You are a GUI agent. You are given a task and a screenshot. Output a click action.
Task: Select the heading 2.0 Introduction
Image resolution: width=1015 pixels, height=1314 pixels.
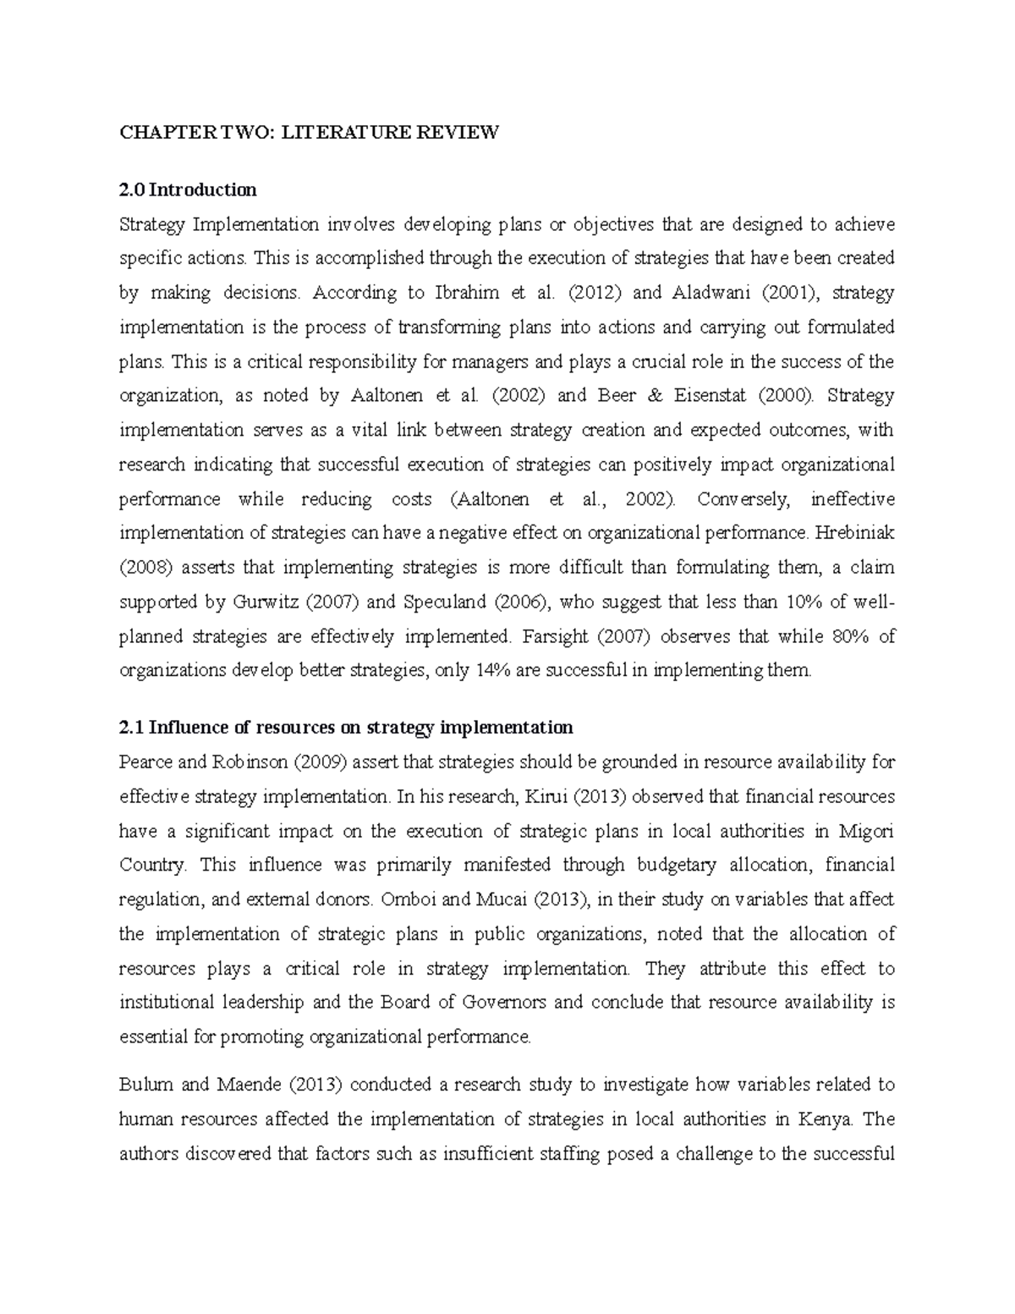pyautogui.click(x=188, y=189)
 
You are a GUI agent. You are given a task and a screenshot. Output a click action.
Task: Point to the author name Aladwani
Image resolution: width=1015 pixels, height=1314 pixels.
pyautogui.click(x=709, y=293)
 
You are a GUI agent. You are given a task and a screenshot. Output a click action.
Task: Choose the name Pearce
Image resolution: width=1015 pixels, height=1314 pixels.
pyautogui.click(x=146, y=762)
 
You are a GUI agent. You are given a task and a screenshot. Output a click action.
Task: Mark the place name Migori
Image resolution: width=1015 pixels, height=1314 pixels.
pyautogui.click(x=866, y=831)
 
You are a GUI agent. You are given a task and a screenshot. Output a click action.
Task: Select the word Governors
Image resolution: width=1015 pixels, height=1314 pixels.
pyautogui.click(x=505, y=1003)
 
